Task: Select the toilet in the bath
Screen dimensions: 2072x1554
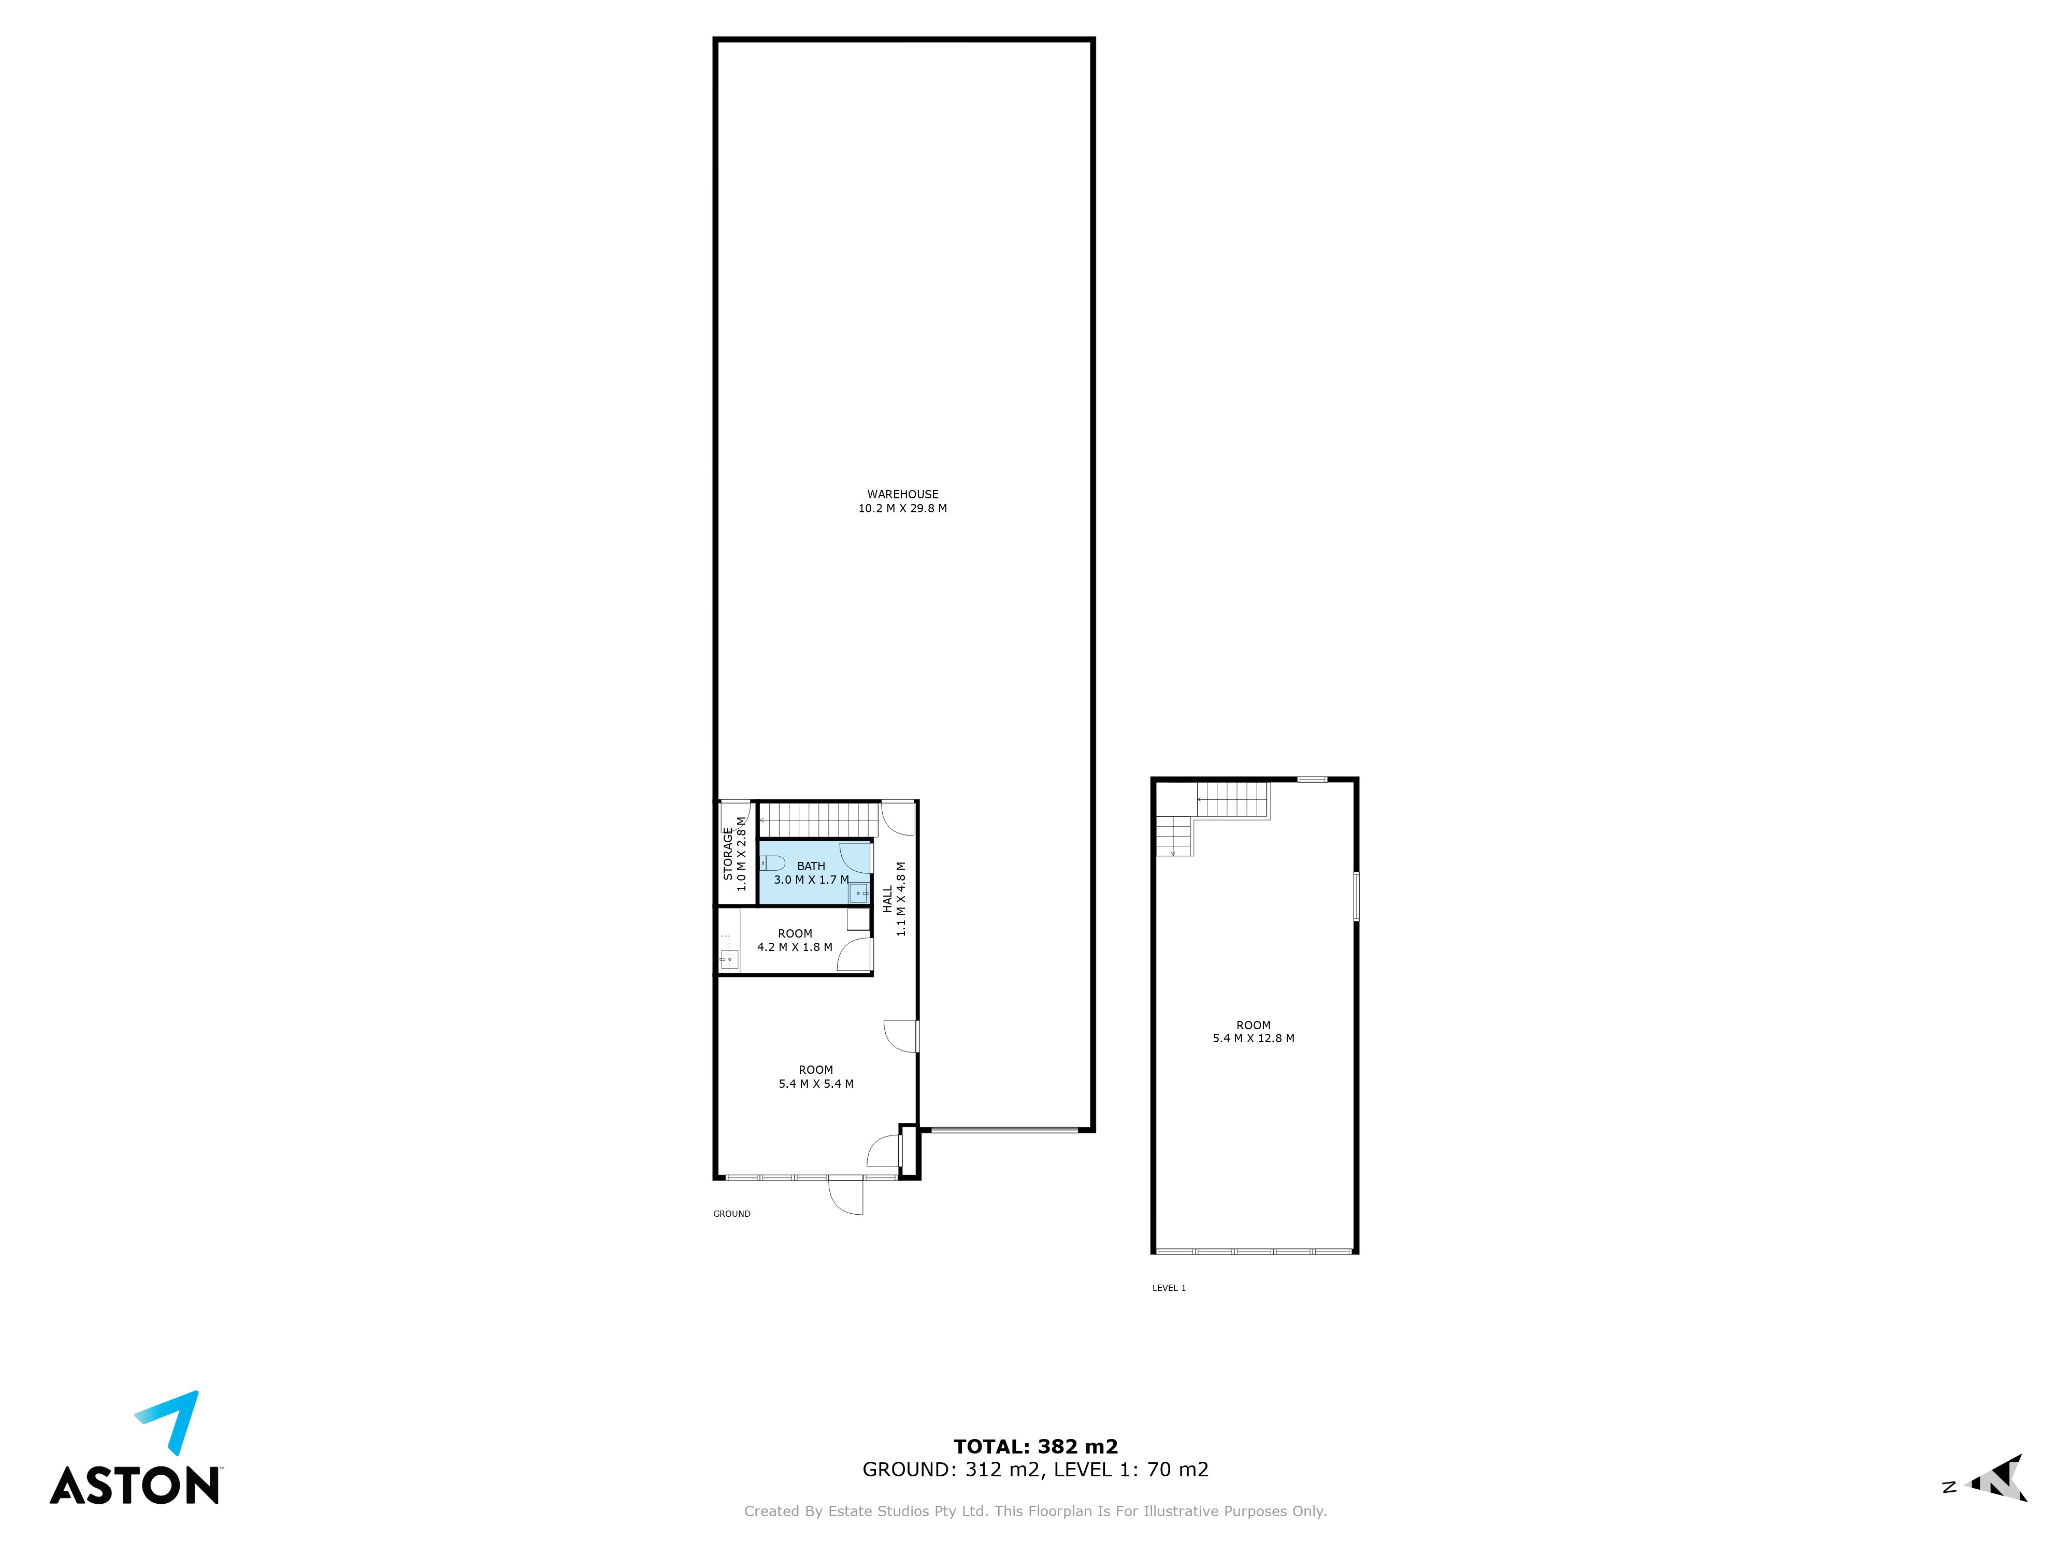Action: point(772,862)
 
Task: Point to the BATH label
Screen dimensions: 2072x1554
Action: point(811,867)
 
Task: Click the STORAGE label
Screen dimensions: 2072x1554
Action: point(728,853)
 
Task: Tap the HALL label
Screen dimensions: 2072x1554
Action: point(887,899)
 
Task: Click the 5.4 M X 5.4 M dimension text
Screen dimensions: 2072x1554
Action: point(816,1084)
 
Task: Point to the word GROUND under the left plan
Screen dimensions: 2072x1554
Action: point(731,1214)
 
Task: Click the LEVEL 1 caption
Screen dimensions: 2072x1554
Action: point(1169,1288)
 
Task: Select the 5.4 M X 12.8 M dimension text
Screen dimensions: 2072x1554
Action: point(1254,1038)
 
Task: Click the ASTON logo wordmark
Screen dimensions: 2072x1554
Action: point(135,1486)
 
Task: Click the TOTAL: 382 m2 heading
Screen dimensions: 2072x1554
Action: point(1036,1446)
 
